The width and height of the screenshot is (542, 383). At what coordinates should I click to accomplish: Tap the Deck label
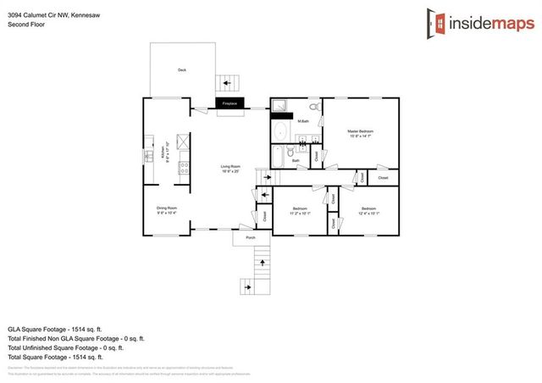[181, 70]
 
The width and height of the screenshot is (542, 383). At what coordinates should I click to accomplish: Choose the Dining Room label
[166, 208]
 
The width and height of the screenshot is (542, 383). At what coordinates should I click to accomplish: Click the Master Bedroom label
[361, 133]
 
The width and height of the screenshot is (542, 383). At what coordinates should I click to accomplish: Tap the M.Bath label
[302, 122]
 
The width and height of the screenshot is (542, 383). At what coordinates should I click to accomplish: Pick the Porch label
[251, 238]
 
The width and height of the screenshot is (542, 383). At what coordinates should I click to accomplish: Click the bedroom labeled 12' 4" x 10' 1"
[368, 210]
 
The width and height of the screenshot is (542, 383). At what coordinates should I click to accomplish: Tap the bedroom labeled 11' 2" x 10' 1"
[300, 210]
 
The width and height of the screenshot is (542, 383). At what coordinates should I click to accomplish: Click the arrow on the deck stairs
[226, 83]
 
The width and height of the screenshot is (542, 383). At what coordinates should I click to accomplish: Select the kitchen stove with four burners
[183, 169]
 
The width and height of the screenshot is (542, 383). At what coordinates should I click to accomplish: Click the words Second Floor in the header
[26, 25]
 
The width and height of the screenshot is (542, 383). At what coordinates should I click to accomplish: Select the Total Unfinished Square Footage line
[66, 347]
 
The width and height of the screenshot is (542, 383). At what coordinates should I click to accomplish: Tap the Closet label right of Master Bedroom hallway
[383, 178]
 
